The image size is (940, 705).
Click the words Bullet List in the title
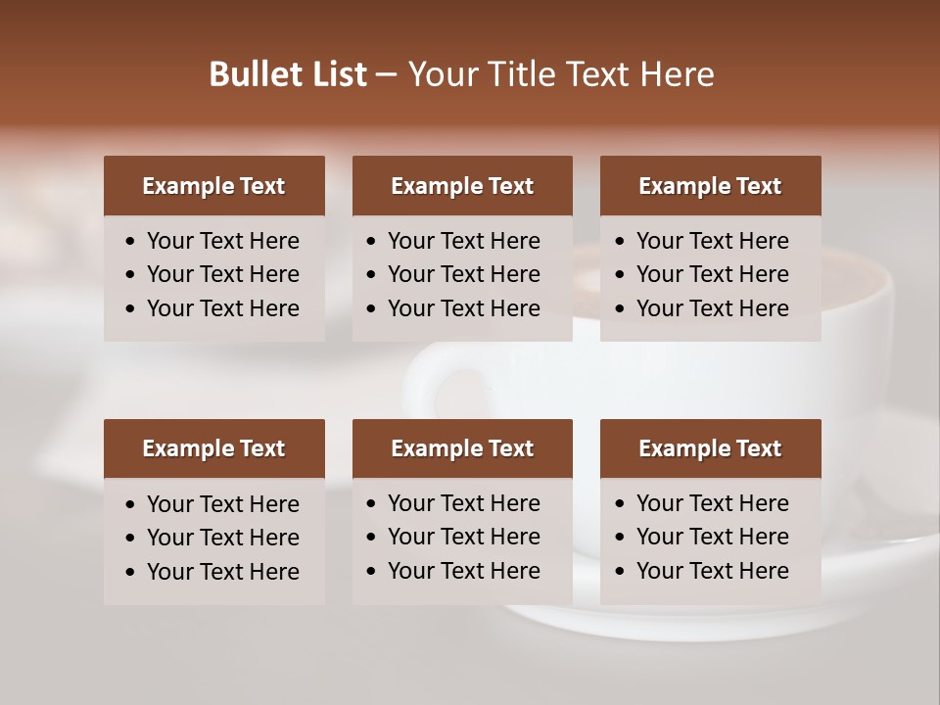coord(288,74)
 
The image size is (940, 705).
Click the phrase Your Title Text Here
coord(561,74)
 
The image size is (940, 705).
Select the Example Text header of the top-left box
coord(213,186)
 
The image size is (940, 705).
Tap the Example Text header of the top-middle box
coord(462,186)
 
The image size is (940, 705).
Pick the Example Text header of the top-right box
coord(710,186)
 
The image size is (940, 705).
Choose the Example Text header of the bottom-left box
coord(213,448)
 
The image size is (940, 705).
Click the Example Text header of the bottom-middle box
coord(462,448)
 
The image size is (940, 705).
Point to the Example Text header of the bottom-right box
coord(710,448)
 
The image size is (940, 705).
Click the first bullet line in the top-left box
coord(223,241)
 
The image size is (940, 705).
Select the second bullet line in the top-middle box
coord(464,274)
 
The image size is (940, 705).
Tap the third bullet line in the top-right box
coord(713,308)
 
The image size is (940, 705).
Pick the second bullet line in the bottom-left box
coord(223,538)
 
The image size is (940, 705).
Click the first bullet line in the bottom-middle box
coord(464,503)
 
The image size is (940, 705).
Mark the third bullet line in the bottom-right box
coord(713,571)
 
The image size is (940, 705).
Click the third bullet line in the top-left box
coord(223,308)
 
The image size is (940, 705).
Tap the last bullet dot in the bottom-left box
coord(130,573)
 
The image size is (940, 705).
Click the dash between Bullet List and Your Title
coord(387,75)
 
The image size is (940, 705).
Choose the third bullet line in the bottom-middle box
coord(464,571)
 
